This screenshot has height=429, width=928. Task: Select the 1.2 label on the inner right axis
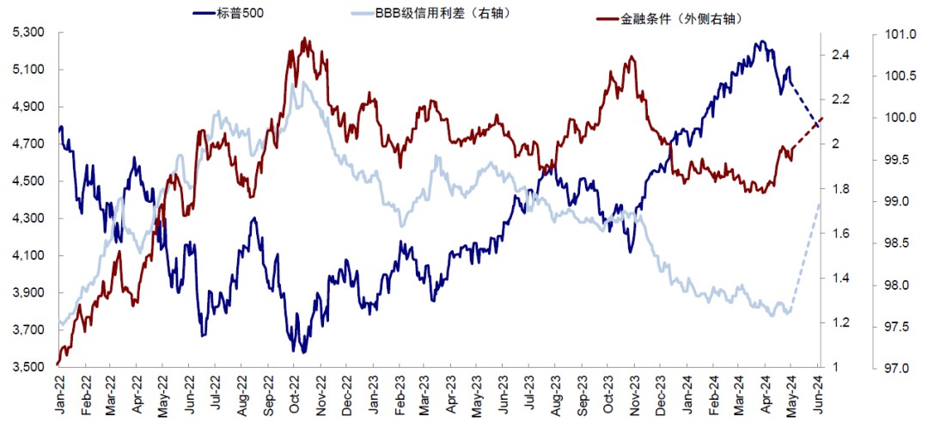(841, 323)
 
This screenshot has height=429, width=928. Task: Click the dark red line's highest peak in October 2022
(305, 38)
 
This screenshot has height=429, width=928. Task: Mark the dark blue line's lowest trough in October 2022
(303, 352)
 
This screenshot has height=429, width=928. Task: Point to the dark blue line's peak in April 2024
(761, 41)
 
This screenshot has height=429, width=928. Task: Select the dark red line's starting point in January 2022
(58, 365)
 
